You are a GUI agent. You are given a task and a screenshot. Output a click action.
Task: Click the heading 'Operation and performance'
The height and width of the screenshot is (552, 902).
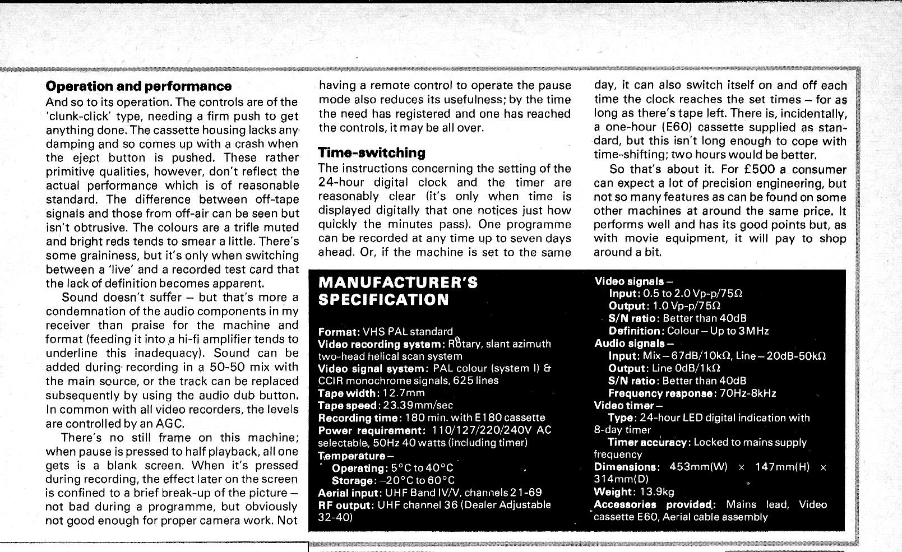138,86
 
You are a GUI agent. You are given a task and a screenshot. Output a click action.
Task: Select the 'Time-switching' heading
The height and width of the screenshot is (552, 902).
372,152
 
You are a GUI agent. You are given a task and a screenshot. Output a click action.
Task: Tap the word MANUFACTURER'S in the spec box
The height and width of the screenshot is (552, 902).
397,282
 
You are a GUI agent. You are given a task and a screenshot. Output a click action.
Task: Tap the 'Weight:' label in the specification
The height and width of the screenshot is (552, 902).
613,492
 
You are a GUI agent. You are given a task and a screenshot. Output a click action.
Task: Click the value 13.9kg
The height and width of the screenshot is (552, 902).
656,492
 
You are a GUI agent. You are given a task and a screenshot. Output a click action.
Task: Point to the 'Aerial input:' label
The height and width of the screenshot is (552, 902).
350,493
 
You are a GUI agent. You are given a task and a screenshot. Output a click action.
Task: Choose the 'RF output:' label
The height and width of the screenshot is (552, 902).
345,505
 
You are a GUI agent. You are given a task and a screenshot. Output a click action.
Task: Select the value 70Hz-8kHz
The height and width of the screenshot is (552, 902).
748,393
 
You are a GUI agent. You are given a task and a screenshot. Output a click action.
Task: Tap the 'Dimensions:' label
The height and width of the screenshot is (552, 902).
626,467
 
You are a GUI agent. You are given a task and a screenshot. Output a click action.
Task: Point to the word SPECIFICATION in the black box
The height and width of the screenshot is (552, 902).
383,299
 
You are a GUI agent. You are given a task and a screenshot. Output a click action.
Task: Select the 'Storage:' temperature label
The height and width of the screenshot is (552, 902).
353,480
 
